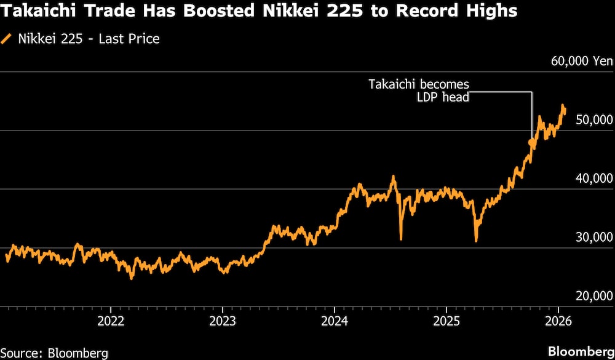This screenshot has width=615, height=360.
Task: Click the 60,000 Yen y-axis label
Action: click(x=582, y=61)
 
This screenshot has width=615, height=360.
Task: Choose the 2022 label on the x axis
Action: click(x=110, y=321)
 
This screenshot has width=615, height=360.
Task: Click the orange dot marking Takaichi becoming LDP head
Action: click(x=531, y=142)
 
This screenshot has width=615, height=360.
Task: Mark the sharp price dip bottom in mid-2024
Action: click(x=401, y=239)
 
